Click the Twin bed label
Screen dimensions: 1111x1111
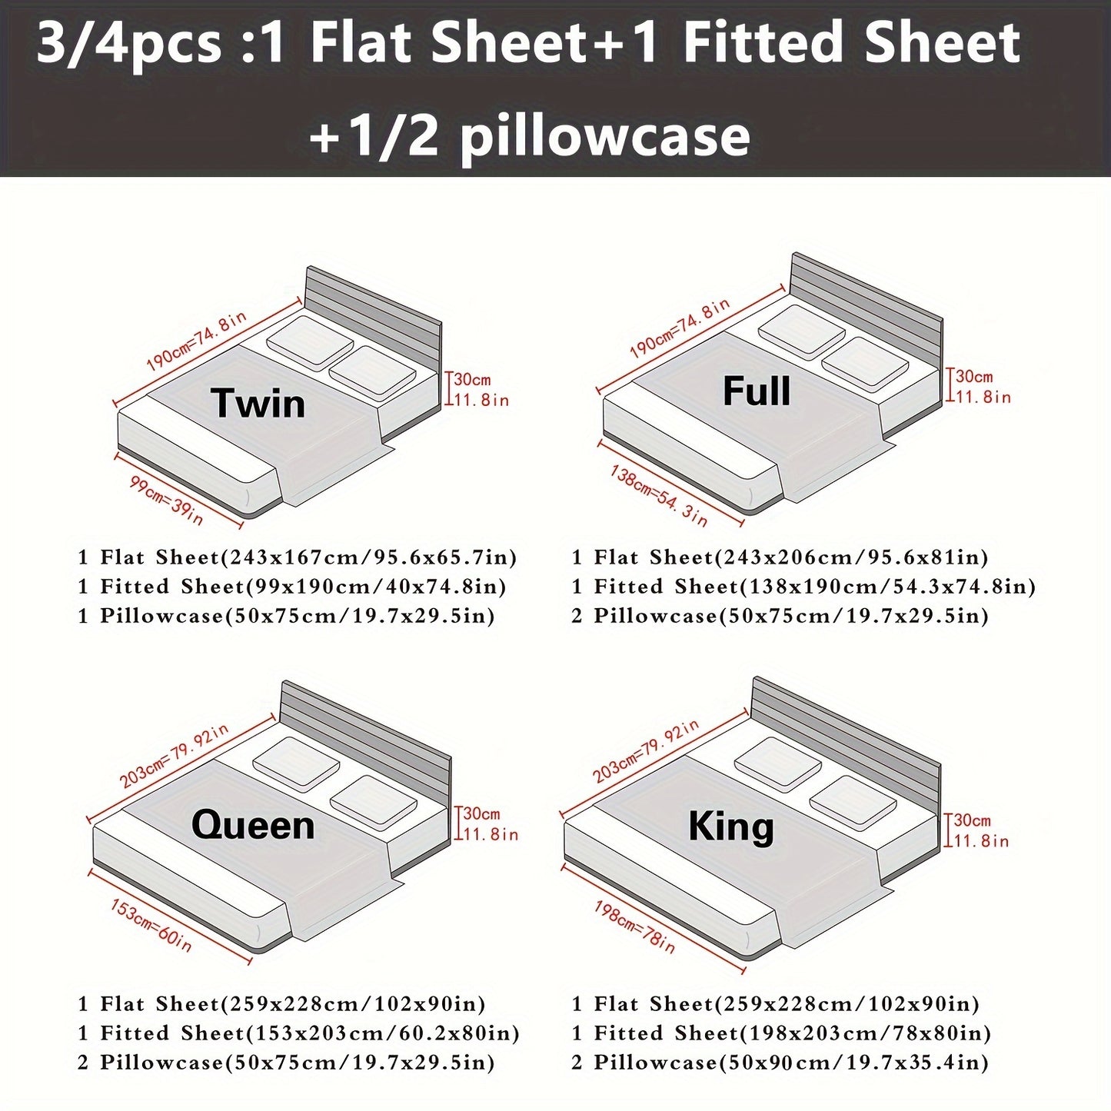(x=258, y=404)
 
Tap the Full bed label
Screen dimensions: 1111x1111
(x=757, y=391)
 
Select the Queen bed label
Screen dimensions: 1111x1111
(x=253, y=825)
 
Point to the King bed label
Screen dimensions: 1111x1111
(x=731, y=827)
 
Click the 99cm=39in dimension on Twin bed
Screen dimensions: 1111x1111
(x=167, y=501)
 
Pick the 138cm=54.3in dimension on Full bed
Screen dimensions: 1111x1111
(x=658, y=497)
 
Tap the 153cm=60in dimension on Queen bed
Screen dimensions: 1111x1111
(x=151, y=926)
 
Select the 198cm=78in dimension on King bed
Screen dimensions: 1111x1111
(x=634, y=927)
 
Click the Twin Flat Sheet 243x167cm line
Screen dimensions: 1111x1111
(x=297, y=557)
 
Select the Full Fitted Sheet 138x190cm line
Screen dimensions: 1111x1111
(x=803, y=587)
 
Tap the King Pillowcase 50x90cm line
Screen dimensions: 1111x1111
(x=780, y=1063)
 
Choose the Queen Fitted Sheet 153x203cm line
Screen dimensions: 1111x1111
(x=298, y=1033)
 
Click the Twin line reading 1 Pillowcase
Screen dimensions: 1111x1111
(x=286, y=616)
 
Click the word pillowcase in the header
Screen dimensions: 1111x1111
(x=604, y=136)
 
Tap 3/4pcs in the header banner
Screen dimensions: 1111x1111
(x=129, y=44)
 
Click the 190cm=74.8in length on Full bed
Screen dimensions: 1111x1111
(x=680, y=329)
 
